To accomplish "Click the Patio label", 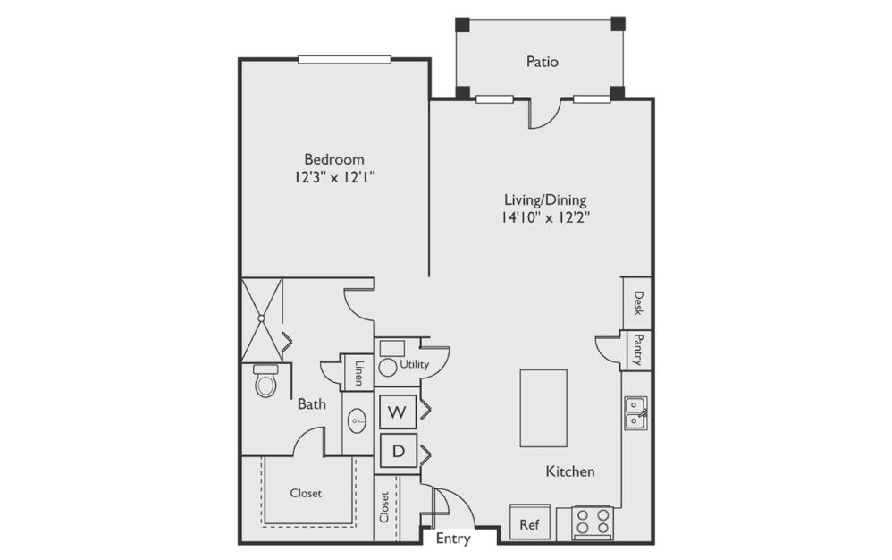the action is (543, 62).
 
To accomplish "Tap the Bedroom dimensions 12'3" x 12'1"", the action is (334, 177).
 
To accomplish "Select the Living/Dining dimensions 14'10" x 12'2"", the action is (545, 216).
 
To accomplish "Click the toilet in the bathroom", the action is (265, 381).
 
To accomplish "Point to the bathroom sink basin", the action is (358, 421).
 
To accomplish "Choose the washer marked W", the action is (399, 412).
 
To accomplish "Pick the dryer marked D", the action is (399, 451).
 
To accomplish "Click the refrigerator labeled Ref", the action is (530, 522).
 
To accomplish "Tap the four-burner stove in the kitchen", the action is (593, 522).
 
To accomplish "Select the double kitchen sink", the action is (635, 412).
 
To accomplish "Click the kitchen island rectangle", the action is (543, 408).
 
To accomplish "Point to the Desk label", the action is (638, 302).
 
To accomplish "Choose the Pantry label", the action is (638, 350).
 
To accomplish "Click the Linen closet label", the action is (359, 373).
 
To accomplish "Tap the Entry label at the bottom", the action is (453, 539).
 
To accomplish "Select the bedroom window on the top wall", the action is (344, 59).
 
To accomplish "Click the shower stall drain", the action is (261, 318).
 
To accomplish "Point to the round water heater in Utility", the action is (388, 367).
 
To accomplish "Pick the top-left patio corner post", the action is (462, 24).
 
